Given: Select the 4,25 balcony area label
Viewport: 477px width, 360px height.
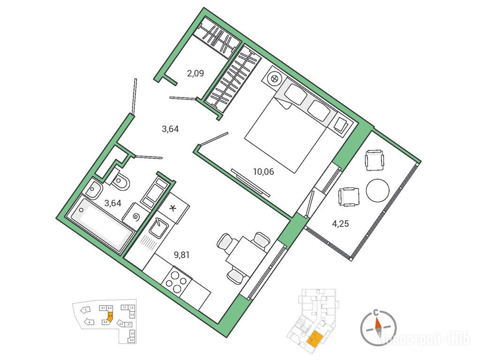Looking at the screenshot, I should coord(341,224).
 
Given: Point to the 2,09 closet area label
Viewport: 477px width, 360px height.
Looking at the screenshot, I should coord(196,73).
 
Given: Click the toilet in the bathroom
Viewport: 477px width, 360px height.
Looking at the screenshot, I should coord(122,181).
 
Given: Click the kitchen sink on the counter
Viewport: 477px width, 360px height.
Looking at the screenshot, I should coord(158,228).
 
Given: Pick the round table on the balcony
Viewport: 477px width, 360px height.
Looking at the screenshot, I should coord(377,190).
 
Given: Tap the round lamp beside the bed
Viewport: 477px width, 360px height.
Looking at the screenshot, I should coord(274,79).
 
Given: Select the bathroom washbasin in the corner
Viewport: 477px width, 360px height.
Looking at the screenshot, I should coord(94,190).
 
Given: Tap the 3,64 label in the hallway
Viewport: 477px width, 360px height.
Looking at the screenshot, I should coord(171,130).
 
